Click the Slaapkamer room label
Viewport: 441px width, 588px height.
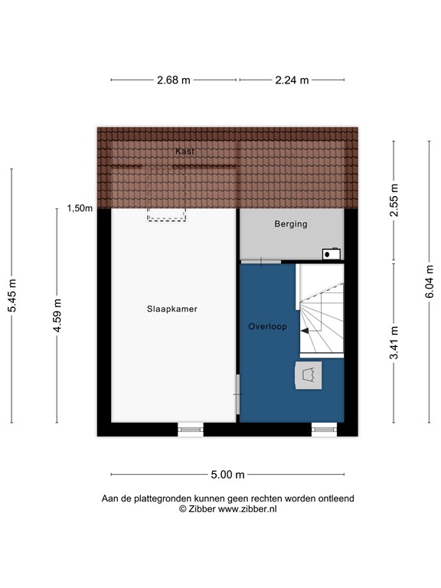click(x=172, y=309)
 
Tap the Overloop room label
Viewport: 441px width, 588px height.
click(x=267, y=327)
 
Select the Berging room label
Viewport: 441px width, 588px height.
click(x=291, y=224)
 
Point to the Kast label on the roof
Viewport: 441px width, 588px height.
click(x=185, y=152)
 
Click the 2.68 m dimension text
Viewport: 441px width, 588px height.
click(x=174, y=80)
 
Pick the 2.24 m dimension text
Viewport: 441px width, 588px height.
click(x=292, y=80)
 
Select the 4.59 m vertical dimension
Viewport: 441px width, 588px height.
click(x=57, y=315)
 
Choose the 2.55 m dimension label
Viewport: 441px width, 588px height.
click(x=394, y=201)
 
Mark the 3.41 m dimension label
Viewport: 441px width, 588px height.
click(x=394, y=342)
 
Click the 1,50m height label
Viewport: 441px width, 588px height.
click(x=80, y=208)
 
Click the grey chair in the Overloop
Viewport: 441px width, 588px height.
click(x=309, y=376)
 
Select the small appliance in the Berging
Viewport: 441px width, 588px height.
click(x=331, y=253)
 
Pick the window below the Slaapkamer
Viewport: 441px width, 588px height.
click(x=191, y=430)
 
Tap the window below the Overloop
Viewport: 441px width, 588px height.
click(x=324, y=430)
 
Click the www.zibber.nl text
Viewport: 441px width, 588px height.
click(x=248, y=508)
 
